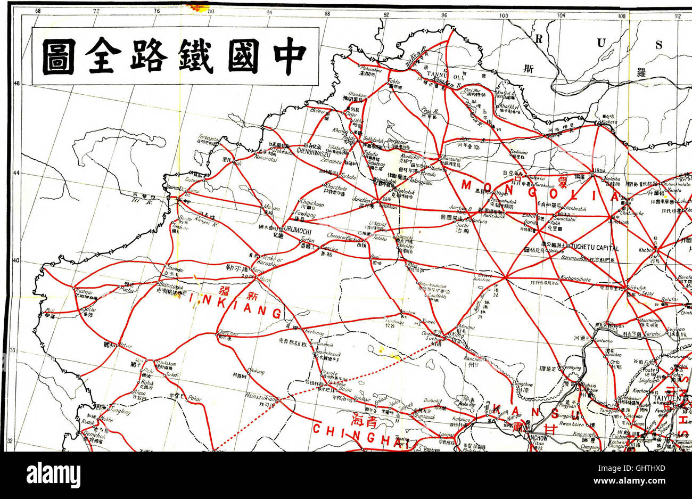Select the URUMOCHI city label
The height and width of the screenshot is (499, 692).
click(287, 228)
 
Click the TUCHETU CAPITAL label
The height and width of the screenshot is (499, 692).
click(595, 248)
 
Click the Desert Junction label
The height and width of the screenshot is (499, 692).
click(483, 276)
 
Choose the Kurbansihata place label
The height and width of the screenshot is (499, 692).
click(576, 278)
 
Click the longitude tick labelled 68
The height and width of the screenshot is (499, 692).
click(37, 11)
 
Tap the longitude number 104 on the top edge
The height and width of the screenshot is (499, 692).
click(561, 15)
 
